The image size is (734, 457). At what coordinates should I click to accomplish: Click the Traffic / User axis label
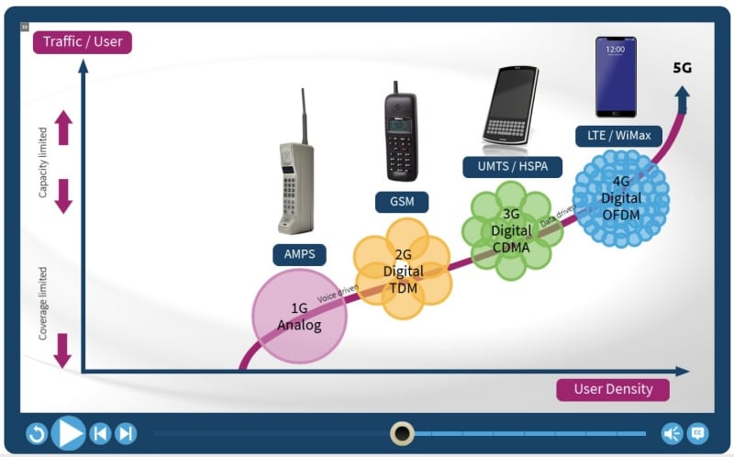pyautogui.click(x=83, y=42)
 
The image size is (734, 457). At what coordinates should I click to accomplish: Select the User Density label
pyautogui.click(x=613, y=389)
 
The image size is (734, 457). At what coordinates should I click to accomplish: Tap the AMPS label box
pyautogui.click(x=299, y=255)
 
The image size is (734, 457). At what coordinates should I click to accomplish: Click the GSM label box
pyautogui.click(x=402, y=202)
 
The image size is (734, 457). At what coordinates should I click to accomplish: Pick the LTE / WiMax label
pyautogui.click(x=618, y=136)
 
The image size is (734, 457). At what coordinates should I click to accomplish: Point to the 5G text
pyautogui.click(x=682, y=68)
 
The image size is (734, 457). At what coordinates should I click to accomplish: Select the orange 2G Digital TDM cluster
pyautogui.click(x=403, y=270)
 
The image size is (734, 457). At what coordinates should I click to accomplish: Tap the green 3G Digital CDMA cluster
pyautogui.click(x=510, y=230)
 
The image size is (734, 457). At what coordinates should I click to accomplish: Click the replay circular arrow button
pyautogui.click(x=37, y=433)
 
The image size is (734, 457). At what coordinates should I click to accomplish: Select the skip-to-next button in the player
pyautogui.click(x=126, y=433)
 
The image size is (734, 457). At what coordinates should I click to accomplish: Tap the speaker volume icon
pyautogui.click(x=672, y=433)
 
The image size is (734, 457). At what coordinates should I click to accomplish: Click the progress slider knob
pyautogui.click(x=402, y=433)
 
